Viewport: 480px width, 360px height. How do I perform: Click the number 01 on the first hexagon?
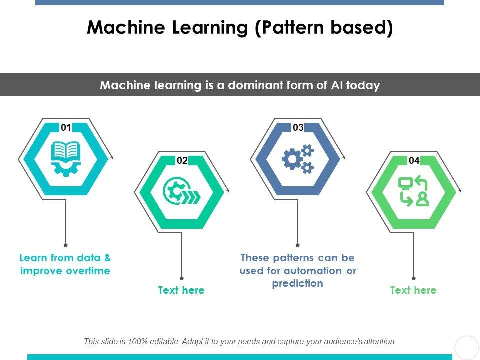66,127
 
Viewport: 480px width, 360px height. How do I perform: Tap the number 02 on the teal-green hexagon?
182,160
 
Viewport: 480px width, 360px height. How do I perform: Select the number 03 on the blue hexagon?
298,127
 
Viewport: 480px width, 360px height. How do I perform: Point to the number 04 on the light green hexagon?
414,160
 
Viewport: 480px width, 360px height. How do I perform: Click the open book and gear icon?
66,159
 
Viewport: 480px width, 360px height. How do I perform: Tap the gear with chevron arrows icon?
182,192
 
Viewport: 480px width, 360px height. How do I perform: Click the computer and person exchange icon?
414,192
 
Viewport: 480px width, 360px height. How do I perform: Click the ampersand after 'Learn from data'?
108,258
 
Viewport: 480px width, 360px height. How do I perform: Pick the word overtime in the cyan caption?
88,271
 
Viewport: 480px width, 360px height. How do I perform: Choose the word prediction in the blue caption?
298,284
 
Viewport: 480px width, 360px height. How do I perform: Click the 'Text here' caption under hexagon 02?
181,290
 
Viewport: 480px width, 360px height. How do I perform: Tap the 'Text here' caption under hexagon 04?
413,290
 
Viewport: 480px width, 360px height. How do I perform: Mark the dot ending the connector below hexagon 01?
66,245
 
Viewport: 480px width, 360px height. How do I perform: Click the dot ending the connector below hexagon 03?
298,245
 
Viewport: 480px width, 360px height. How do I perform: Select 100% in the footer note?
137,341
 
